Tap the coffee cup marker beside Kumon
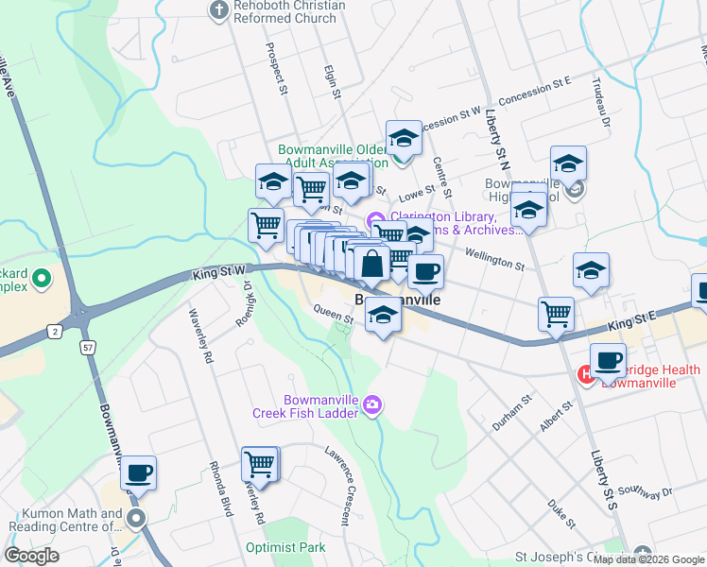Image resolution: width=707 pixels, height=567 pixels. [x=138, y=473]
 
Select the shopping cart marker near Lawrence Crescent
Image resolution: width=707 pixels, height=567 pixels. [x=260, y=464]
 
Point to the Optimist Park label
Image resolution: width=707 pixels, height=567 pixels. [x=285, y=547]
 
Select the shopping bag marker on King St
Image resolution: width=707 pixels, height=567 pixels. [x=372, y=264]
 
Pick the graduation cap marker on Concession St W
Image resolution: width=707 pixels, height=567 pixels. [x=404, y=139]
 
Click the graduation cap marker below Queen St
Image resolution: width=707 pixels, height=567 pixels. [x=383, y=315]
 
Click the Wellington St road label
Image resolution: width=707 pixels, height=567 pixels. [x=494, y=258]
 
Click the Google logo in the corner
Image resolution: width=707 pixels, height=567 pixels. [x=32, y=556]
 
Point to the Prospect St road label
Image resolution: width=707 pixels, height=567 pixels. [x=276, y=69]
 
